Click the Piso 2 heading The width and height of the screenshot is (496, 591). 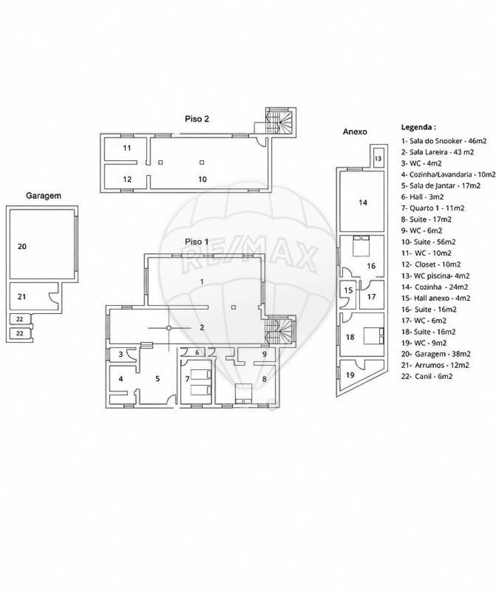pyautogui.click(x=197, y=119)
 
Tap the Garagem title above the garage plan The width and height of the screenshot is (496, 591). pyautogui.click(x=44, y=196)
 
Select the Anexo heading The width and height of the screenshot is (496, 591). pyautogui.click(x=354, y=132)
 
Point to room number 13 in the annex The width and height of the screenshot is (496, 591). pyautogui.click(x=378, y=158)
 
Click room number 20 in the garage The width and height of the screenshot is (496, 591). pyautogui.click(x=22, y=246)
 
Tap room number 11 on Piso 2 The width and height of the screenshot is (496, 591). pyautogui.click(x=127, y=148)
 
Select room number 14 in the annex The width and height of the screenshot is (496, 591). pyautogui.click(x=363, y=202)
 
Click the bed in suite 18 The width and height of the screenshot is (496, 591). pyautogui.click(x=374, y=335)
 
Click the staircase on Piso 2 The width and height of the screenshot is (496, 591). pyautogui.click(x=279, y=121)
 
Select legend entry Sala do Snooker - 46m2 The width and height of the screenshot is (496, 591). pyautogui.click(x=444, y=141)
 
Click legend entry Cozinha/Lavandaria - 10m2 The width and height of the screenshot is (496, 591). pyautogui.click(x=448, y=175)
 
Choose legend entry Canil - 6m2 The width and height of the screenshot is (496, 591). pyautogui.click(x=427, y=376)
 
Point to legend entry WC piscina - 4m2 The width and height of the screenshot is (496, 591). pyautogui.click(x=435, y=275)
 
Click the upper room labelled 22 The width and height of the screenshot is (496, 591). pyautogui.click(x=20, y=319)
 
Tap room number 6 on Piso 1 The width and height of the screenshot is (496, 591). pyautogui.click(x=197, y=353)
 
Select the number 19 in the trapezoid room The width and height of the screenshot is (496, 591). pyautogui.click(x=350, y=375)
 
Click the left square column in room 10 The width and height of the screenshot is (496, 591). pyautogui.click(x=160, y=162)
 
